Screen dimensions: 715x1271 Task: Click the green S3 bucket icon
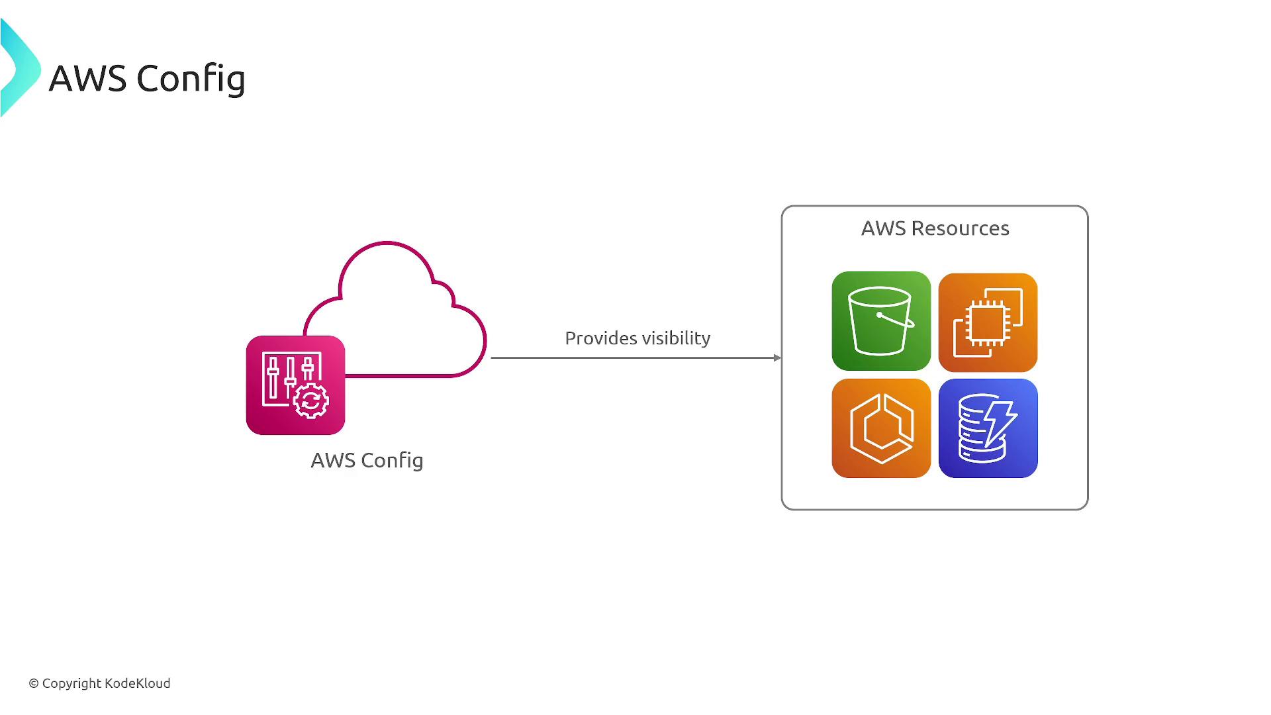(881, 321)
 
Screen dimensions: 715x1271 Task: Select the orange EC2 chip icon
(988, 322)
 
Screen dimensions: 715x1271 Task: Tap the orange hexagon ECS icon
(881, 428)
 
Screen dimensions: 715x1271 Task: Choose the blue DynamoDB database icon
(988, 428)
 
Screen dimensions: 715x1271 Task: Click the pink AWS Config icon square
(295, 385)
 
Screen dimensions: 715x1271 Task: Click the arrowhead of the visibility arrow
(777, 358)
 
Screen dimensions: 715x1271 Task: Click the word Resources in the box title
(960, 228)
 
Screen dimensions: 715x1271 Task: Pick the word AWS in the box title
(883, 228)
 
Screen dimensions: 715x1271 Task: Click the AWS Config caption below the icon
(367, 460)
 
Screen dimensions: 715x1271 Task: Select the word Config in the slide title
(191, 79)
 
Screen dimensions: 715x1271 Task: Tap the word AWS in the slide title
(87, 79)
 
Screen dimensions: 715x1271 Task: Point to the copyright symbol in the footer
(34, 684)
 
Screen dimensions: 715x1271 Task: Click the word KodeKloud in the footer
(138, 683)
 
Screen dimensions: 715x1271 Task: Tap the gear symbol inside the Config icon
(310, 401)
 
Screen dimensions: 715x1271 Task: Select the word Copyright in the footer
(72, 684)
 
